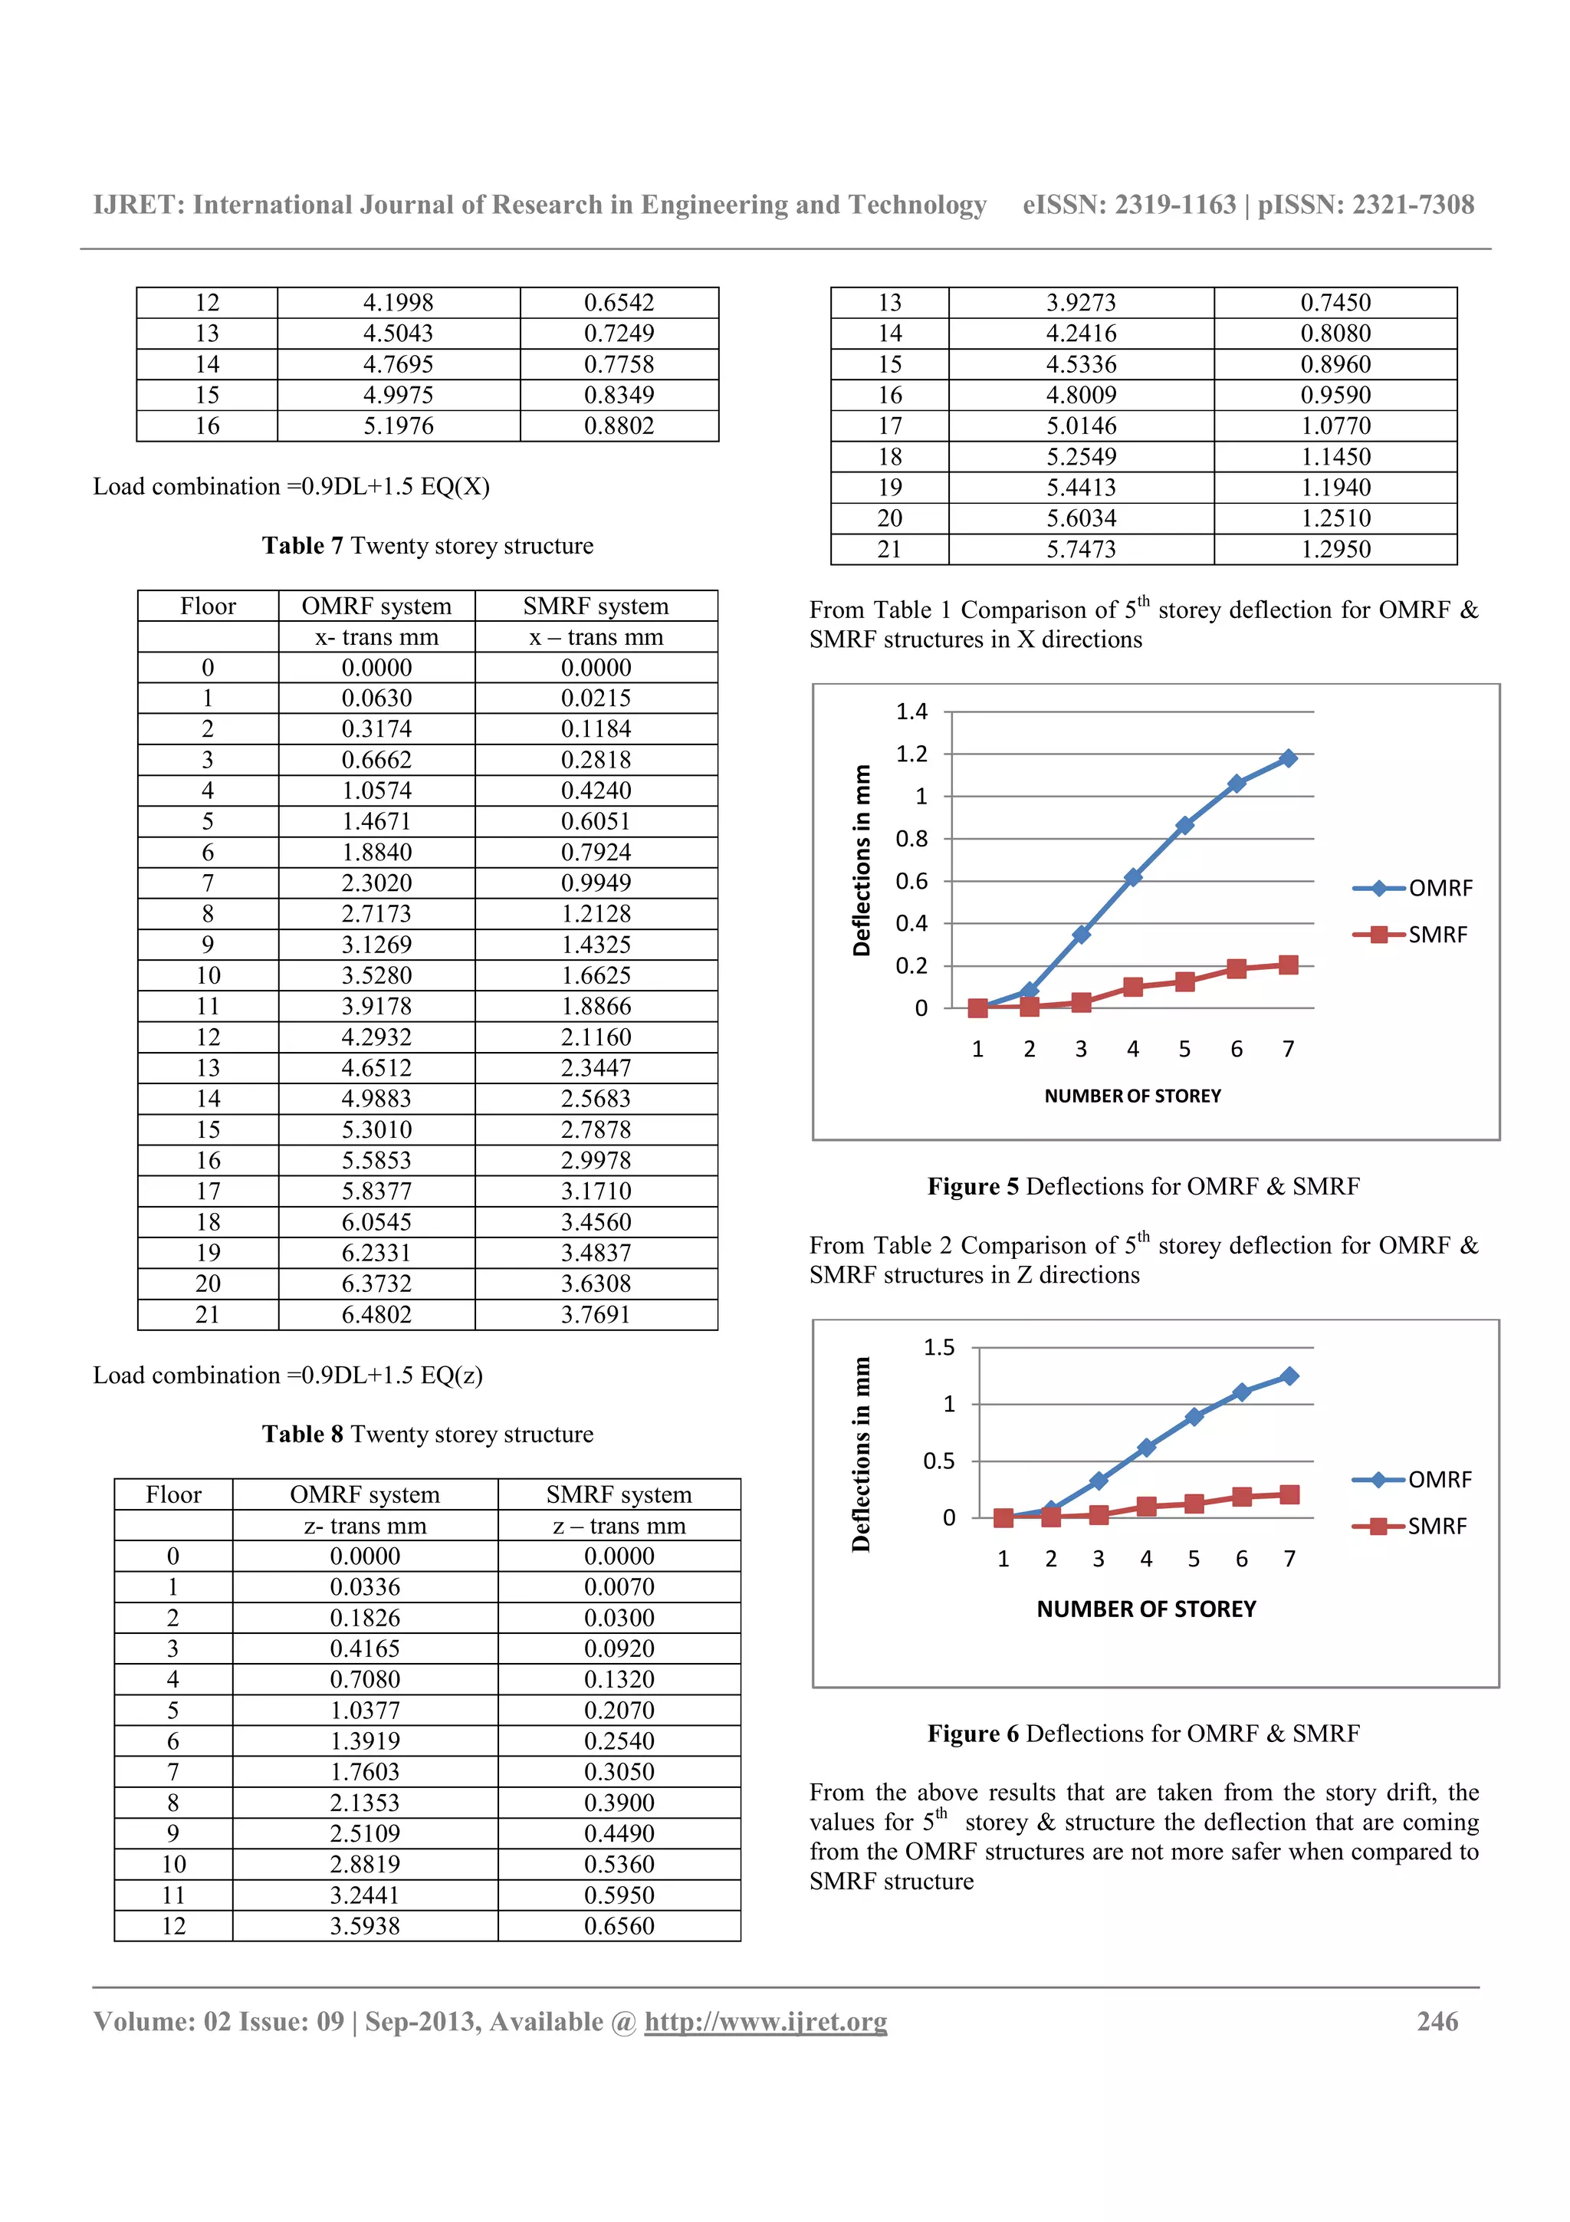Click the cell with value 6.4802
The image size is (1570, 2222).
coord(376,1314)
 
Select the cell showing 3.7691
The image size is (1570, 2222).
coord(595,1314)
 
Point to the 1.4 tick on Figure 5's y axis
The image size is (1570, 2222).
coord(911,712)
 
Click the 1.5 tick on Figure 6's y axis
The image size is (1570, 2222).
coord(938,1347)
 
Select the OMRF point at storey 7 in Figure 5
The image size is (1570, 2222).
coord(1288,759)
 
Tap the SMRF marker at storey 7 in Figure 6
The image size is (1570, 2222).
coord(1289,1494)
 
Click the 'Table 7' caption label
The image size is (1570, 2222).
coord(302,546)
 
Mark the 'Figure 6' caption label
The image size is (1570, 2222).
coord(972,1734)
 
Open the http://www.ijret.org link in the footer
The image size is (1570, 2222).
coord(765,2022)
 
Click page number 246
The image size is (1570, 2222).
coord(1437,2022)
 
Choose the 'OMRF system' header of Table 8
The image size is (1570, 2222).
coord(365,1494)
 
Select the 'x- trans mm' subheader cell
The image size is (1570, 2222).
coord(376,637)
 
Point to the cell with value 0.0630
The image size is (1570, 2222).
coord(376,698)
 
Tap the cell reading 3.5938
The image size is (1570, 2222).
coord(365,1926)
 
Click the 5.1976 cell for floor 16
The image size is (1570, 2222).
coord(398,426)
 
